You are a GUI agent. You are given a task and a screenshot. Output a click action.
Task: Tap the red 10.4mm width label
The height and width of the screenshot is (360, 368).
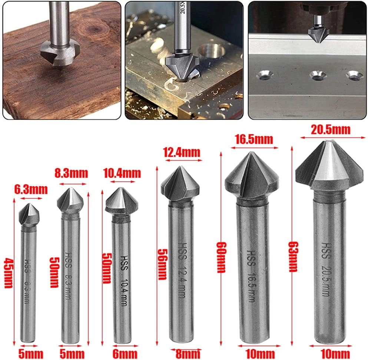(x=122, y=173)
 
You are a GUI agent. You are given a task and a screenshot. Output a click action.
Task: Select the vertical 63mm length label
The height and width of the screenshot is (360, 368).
(x=293, y=257)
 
